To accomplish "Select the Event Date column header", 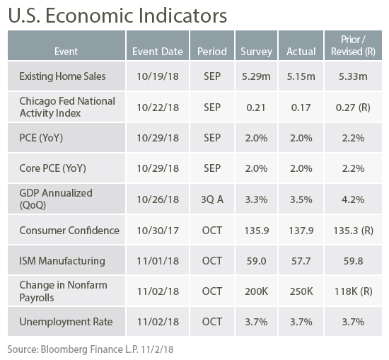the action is [158, 52].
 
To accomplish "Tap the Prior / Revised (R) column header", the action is [353, 46].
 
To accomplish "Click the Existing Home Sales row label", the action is [62, 76].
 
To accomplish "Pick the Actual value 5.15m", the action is [301, 76].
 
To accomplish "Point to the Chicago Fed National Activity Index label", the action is [67, 107].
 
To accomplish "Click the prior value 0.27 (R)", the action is [353, 108].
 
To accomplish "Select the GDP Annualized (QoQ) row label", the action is [56, 199].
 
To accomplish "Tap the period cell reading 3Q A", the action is [212, 199].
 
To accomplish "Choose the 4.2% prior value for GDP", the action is [353, 199].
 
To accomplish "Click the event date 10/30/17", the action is [158, 231].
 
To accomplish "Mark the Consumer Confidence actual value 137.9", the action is [301, 231].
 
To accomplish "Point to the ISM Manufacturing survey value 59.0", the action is [256, 261].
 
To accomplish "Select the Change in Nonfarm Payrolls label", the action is [63, 291].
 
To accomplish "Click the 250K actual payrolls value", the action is [301, 291].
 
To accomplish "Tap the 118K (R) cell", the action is [353, 291].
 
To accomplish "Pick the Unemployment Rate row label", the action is [66, 322].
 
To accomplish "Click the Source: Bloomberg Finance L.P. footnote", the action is [91, 349].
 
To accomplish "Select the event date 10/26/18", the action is [158, 199].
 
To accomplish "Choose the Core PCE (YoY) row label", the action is [52, 168].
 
